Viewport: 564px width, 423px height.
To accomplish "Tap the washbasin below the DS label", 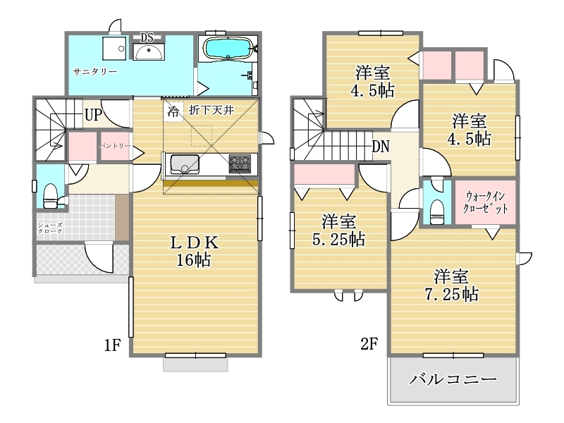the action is point(149,51).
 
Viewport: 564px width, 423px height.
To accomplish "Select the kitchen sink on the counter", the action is point(185,164).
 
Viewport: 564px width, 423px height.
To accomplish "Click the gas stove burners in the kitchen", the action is point(240,164).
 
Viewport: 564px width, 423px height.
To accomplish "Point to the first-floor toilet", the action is point(50,197).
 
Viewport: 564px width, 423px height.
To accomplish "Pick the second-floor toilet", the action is point(437,212).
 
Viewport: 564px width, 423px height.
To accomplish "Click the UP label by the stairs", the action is point(93,115).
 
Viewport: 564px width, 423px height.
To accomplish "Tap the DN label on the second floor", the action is point(381,147).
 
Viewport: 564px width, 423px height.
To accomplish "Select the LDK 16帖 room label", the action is point(194,251).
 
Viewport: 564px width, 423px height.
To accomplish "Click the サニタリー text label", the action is point(95,72).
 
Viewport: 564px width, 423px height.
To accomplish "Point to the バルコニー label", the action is point(453,379).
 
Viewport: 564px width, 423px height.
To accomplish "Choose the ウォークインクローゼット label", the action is point(485,202).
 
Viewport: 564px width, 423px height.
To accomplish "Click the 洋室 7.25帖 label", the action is point(452,286).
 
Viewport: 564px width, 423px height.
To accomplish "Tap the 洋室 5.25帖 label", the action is point(338,231).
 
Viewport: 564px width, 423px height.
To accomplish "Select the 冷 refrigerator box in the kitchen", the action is point(173,111).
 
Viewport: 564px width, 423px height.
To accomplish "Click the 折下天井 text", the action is point(211,110).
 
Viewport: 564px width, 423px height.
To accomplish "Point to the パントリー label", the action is point(115,146).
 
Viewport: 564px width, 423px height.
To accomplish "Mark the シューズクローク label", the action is point(50,228).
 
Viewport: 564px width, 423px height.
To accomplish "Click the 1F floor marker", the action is point(112,345).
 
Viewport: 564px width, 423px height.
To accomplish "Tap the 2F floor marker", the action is point(369,344).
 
